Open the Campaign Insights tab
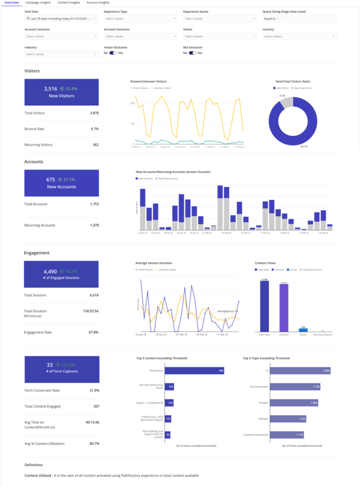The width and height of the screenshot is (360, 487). pyautogui.click(x=38, y=3)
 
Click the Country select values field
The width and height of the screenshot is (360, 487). pyautogui.click(x=299, y=36)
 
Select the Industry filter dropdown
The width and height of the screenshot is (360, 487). pyautogui.click(x=61, y=54)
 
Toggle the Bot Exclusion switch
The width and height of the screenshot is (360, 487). pyautogui.click(x=193, y=53)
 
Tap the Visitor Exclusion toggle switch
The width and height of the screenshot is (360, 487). pyautogui.click(x=113, y=53)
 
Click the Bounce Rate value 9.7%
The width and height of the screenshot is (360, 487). pyautogui.click(x=95, y=129)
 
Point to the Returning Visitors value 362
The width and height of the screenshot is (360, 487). pyautogui.click(x=95, y=145)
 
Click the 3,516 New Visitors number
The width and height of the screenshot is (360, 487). pyautogui.click(x=50, y=89)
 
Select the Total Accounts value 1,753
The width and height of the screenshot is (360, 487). pyautogui.click(x=94, y=204)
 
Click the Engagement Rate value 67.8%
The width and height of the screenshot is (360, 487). pyautogui.click(x=94, y=332)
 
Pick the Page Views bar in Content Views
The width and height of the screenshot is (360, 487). pyautogui.click(x=264, y=306)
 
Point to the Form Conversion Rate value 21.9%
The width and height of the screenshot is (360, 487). pyautogui.click(x=94, y=390)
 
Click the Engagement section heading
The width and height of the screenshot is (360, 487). pyautogui.click(x=37, y=253)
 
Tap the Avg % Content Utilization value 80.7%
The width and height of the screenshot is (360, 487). pyautogui.click(x=94, y=444)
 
